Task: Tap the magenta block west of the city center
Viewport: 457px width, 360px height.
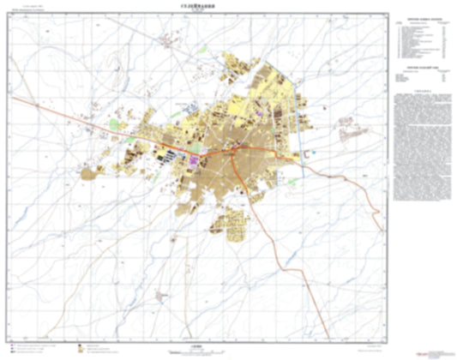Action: tap(195, 159)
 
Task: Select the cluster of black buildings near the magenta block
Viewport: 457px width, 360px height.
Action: tap(169, 155)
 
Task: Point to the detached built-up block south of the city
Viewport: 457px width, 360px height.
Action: tap(231, 225)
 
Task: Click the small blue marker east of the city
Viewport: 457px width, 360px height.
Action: tap(314, 152)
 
